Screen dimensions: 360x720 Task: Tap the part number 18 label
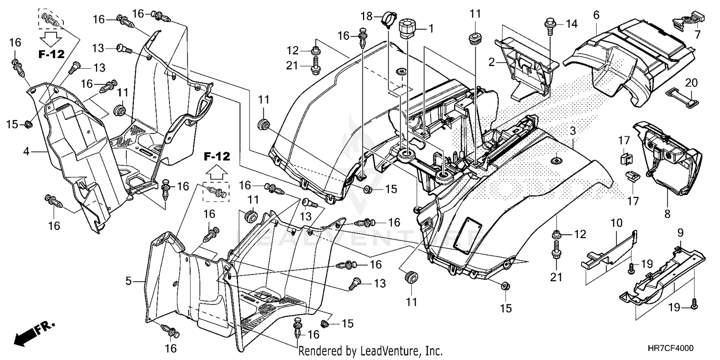pyautogui.click(x=366, y=17)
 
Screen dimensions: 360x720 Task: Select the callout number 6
pyautogui.click(x=596, y=15)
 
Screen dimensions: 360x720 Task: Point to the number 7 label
pyautogui.click(x=697, y=35)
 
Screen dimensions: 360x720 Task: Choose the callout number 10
pyautogui.click(x=616, y=223)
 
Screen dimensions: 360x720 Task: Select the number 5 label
pyautogui.click(x=129, y=281)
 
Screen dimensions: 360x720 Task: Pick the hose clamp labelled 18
pyautogui.click(x=388, y=21)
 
